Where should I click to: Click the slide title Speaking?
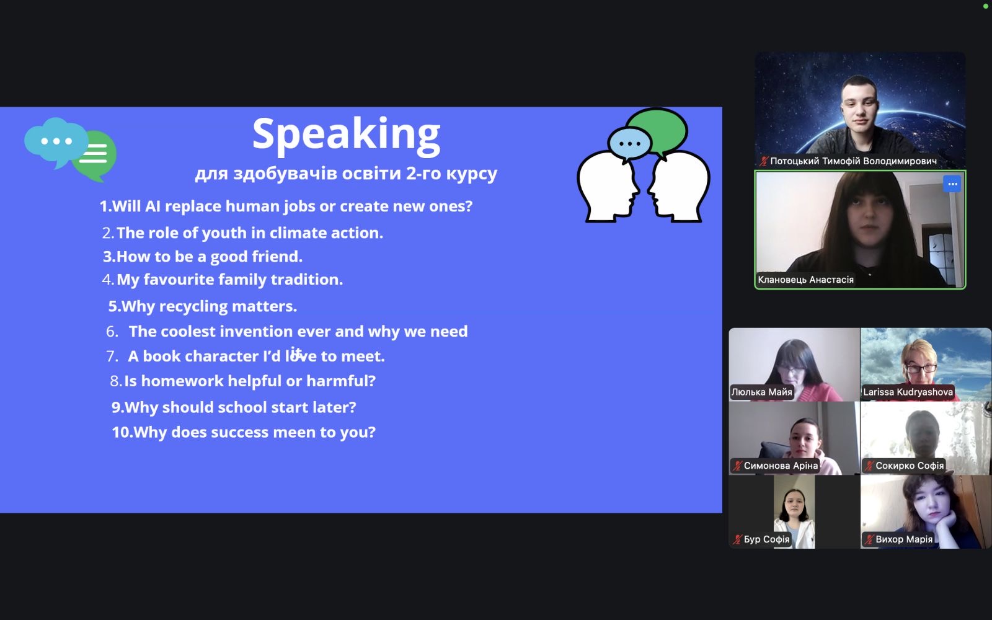tap(347, 135)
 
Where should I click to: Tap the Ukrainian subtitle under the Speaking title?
tap(346, 173)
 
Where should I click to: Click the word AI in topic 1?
tap(153, 206)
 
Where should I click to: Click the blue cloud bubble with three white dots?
tap(56, 141)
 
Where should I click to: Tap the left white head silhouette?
tap(608, 186)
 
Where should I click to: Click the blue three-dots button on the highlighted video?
tap(952, 184)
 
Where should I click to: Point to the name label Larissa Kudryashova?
tap(908, 392)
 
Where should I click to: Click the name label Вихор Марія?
tap(904, 539)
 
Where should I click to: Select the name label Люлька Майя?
tap(761, 392)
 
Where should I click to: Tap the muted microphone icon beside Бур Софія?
tap(737, 539)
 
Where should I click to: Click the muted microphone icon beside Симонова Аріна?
tap(737, 466)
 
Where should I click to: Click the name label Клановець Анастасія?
tap(805, 280)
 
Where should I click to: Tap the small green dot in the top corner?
tap(985, 6)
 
